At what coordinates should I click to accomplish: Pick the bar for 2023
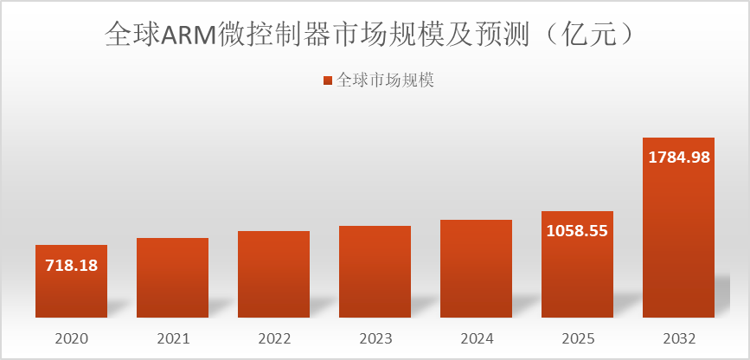[375, 271]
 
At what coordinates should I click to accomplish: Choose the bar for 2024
[476, 268]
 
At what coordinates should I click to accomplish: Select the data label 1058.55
[577, 231]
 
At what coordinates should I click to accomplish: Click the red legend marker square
[327, 80]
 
